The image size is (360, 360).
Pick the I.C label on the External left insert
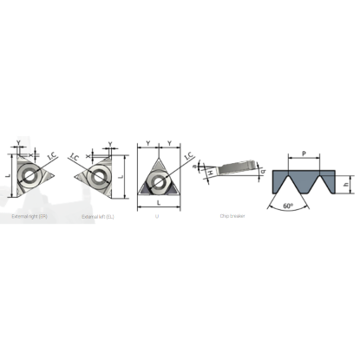(74, 156)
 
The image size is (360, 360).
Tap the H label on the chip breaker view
(211, 176)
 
